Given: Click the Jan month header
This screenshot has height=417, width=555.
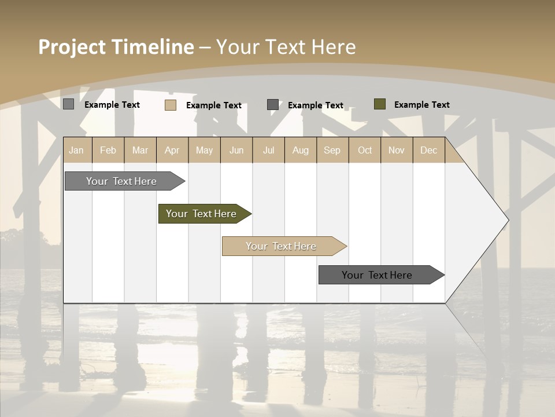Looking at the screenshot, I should point(77,150).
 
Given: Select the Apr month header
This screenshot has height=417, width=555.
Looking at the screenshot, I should point(172,150).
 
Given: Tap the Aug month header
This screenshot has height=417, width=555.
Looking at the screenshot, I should point(301,150).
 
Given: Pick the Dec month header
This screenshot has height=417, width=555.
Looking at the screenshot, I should point(429,150).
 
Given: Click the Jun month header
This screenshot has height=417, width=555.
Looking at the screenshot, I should point(236,150).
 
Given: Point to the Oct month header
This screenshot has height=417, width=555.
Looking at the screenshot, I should point(365,150).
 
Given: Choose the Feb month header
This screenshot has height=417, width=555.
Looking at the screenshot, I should point(108,150).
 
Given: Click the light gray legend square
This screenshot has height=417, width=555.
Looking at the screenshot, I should point(68,104).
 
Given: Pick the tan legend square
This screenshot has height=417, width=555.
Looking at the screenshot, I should point(171,105).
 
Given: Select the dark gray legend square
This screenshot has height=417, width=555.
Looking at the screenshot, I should point(273,104).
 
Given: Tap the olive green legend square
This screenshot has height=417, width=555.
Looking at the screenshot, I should point(380,104).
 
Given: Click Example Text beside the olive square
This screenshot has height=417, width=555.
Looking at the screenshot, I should point(421,105).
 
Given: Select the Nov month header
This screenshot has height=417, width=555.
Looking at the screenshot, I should point(397,150).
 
